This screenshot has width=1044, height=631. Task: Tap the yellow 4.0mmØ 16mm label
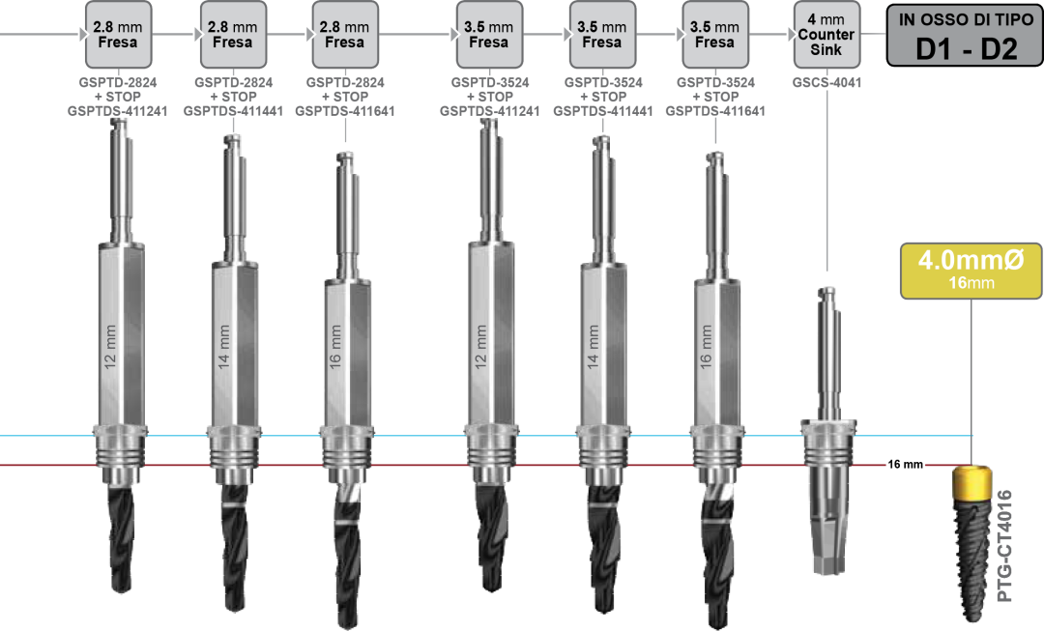pos(971,269)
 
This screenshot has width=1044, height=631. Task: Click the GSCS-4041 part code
pos(826,83)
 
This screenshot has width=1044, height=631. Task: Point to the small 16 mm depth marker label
pos(906,465)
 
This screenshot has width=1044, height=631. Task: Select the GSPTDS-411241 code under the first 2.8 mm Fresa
pos(118,111)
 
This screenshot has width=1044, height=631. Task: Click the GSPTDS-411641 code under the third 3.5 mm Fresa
pos(715,111)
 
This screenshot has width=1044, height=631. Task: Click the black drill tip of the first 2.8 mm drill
pos(120,541)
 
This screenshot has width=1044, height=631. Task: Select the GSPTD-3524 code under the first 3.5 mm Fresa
pos(489,83)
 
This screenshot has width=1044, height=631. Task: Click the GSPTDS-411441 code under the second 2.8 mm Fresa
pos(232,111)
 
